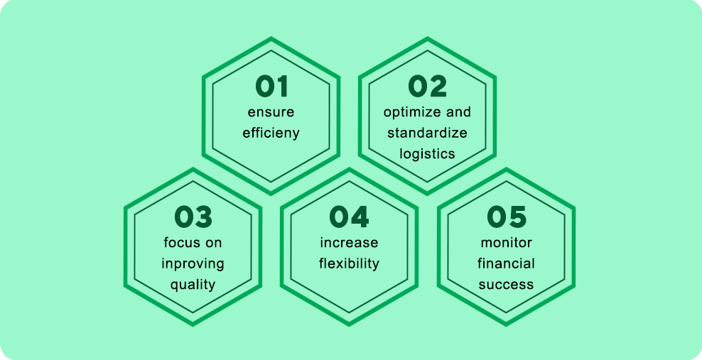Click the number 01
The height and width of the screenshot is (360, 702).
271,87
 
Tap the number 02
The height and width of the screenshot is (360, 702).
427,87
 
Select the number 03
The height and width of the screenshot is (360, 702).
193,217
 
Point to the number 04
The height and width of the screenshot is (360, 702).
349,217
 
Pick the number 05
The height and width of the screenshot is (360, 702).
507,217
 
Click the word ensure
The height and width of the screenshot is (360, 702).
271,112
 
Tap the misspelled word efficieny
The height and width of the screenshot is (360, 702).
271,133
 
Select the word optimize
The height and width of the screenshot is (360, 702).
411,111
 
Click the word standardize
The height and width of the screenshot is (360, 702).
427,133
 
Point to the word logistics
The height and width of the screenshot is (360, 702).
427,154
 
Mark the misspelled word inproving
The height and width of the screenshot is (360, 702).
193,264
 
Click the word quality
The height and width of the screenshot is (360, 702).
193,285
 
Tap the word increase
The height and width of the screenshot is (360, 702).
349,243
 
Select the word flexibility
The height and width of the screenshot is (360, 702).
349,264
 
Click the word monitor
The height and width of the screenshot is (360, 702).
507,243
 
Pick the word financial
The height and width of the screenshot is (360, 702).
507,264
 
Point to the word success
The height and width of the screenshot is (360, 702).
507,285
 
